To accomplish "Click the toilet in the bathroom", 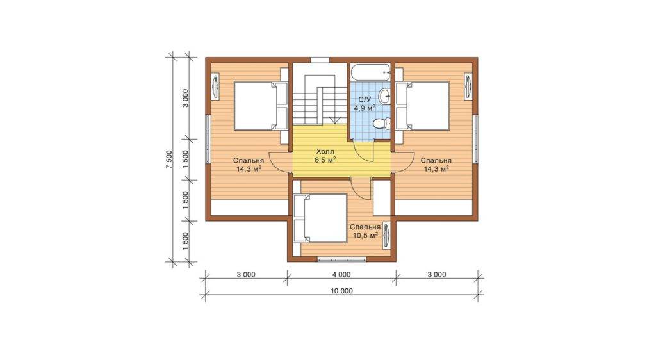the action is point(381,124).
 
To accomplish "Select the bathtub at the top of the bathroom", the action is point(371,72).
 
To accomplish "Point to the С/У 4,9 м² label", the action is point(365,104).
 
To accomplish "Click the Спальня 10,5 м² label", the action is point(365,231).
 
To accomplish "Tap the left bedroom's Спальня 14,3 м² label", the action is point(249,165).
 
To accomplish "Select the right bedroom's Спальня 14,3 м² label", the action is point(436,165).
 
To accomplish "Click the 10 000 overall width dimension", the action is point(341,291).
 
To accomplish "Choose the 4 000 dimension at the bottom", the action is point(342,275).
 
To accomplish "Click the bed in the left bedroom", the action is point(261,106).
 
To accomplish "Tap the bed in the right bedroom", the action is point(423,106).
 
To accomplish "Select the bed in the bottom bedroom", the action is point(320,218).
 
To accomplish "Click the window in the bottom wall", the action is point(342,259).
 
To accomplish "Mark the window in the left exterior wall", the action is point(208,139).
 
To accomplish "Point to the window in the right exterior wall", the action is point(476,139).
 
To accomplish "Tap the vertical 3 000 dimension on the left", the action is point(186,98).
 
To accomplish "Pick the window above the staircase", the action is point(320,60).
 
